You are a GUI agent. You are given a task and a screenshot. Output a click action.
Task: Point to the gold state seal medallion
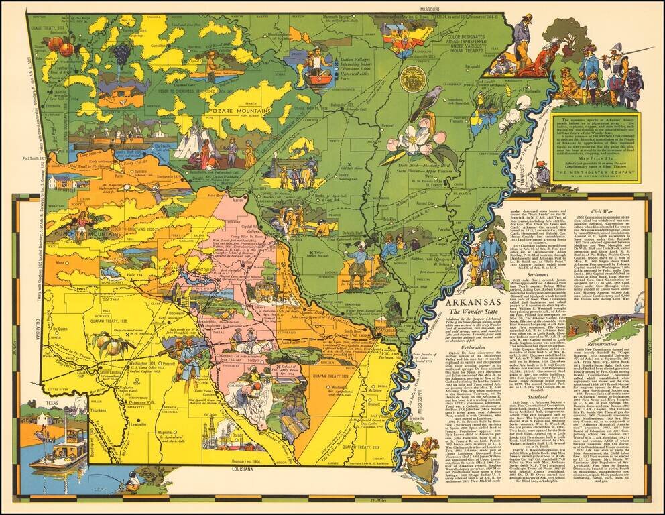(x=413, y=79)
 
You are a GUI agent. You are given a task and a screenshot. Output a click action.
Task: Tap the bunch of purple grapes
(x=121, y=52)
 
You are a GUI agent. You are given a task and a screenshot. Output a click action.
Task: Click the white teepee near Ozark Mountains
(x=196, y=143)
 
